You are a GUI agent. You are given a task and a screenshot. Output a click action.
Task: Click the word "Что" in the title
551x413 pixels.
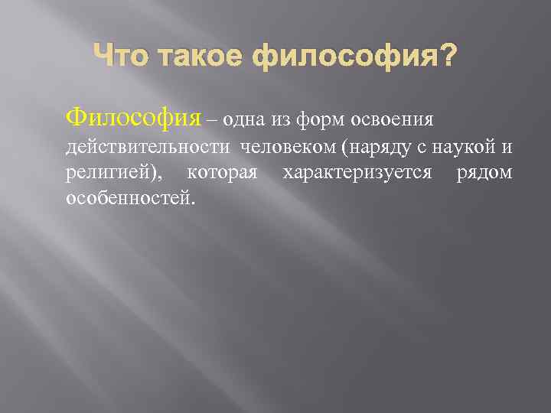(114, 58)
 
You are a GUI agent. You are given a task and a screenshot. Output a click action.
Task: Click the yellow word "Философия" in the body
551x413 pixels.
(134, 119)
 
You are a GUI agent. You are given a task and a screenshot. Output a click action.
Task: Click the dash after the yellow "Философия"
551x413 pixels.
(212, 120)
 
